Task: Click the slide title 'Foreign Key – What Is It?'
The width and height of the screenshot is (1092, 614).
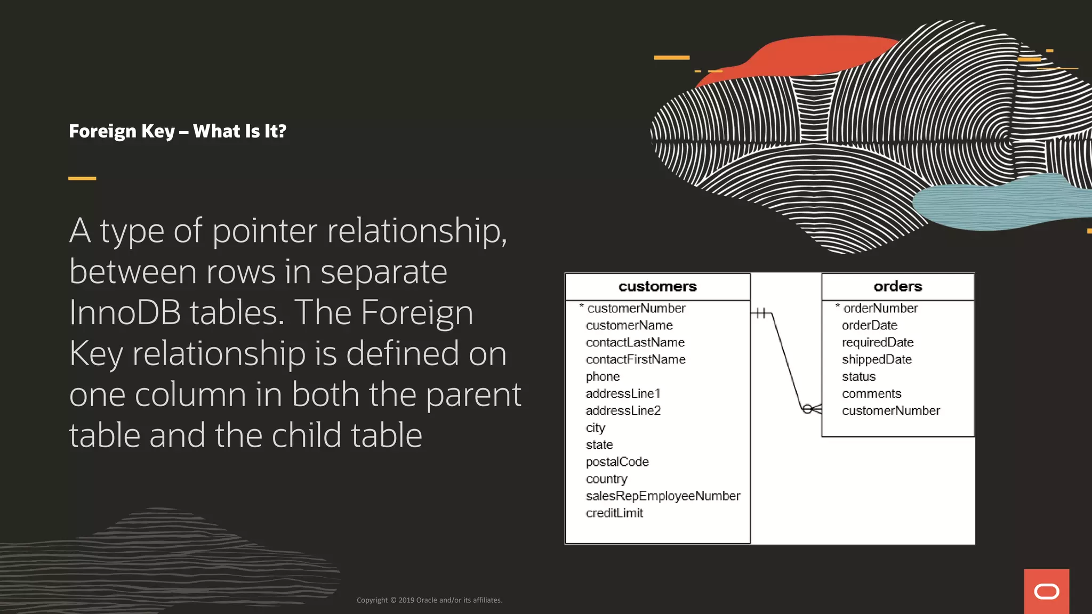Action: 178,131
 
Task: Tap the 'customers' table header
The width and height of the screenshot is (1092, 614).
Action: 657,287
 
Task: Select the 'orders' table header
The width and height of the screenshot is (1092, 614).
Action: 898,287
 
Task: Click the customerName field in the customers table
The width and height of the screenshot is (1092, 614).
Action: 629,325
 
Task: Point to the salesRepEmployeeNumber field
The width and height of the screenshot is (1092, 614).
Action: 663,496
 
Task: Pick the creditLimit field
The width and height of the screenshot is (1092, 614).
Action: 614,513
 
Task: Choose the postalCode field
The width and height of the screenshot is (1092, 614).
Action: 617,462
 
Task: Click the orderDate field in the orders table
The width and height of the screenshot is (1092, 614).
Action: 869,325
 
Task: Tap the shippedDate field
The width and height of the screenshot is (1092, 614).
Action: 877,359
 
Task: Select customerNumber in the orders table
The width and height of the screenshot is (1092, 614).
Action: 890,410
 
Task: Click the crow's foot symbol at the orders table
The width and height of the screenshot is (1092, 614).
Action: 812,409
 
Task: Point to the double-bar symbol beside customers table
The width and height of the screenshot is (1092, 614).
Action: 761,313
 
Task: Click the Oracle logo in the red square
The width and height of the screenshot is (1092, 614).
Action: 1046,592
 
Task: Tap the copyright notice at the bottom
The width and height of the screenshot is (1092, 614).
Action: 429,600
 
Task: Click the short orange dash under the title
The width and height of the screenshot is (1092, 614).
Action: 82,179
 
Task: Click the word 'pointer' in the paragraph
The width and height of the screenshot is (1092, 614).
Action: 265,231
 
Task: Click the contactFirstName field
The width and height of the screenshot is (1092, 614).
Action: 636,359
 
